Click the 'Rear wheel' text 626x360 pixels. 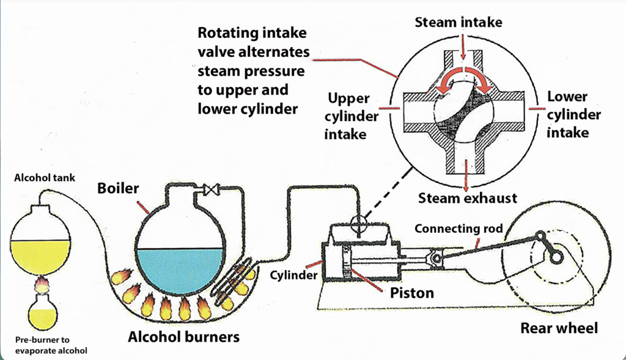coord(559,328)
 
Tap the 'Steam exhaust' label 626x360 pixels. coord(468,198)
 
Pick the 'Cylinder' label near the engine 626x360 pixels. coord(293,275)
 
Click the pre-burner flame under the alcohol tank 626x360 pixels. coord(42,284)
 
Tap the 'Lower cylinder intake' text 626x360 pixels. coord(573,114)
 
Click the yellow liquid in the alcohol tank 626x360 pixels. coord(41,255)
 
